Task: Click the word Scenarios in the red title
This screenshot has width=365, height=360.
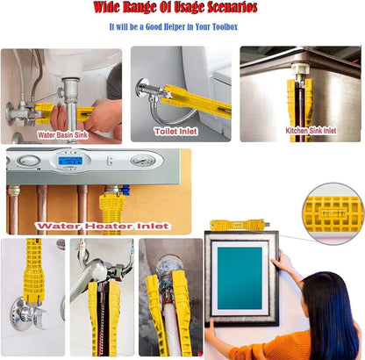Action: click(x=232, y=7)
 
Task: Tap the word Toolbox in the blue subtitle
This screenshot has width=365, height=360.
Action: click(x=225, y=26)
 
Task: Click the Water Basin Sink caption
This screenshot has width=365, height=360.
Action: click(x=62, y=135)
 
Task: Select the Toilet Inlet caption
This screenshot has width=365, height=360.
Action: click(x=175, y=132)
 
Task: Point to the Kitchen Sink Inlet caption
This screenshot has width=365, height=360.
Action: click(x=311, y=131)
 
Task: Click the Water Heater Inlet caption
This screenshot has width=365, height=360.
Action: click(x=103, y=226)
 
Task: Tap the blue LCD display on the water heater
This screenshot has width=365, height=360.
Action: click(x=70, y=161)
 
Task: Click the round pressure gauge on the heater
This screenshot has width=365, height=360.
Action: click(x=143, y=161)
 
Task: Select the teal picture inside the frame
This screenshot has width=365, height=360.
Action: click(x=240, y=278)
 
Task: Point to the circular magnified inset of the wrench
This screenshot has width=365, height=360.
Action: click(x=333, y=213)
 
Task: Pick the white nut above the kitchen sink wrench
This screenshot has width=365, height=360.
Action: click(x=300, y=68)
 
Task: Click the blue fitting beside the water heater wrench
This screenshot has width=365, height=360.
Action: click(x=125, y=190)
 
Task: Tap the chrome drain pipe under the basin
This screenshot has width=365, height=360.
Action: click(x=71, y=108)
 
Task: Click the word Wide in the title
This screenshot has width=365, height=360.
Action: click(x=106, y=7)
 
